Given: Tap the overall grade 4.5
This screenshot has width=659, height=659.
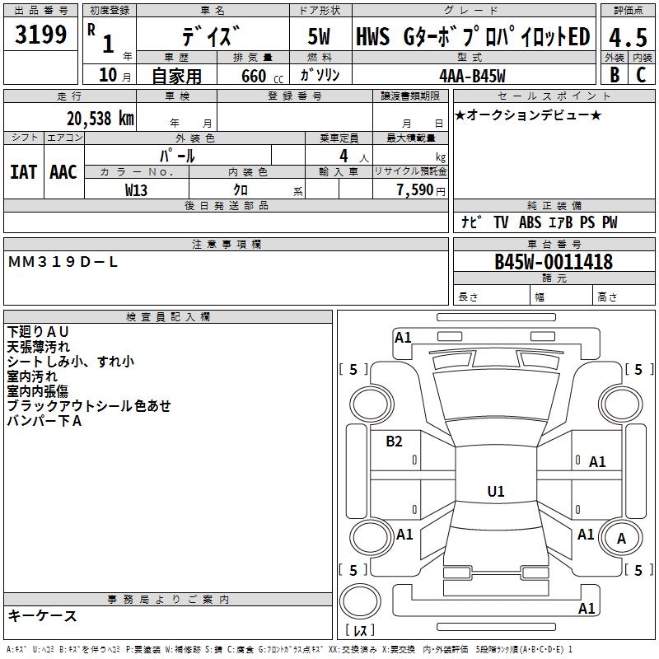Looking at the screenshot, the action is pos(627,37).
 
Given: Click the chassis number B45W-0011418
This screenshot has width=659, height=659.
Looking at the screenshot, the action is pos(554,262).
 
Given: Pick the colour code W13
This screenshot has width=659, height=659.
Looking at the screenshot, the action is pos(137,189).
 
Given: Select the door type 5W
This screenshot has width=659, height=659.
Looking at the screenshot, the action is pos(319,37).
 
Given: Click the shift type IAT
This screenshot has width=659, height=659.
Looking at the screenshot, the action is pos(23,171).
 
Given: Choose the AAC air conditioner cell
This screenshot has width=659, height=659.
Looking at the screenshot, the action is pos(63,171).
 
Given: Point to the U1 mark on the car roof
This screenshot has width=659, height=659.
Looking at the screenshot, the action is pos(495,492).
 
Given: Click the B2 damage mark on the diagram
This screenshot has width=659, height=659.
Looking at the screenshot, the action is pos(395,442).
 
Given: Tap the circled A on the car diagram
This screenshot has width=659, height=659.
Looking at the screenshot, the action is pos(621,538).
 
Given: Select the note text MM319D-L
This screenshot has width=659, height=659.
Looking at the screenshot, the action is pos(63,261).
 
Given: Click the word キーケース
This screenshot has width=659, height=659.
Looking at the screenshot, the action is pos(42,615).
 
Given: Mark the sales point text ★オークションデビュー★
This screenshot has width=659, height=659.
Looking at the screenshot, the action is pos(527,115).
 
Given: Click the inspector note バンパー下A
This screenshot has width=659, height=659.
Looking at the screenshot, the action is pos(44,421).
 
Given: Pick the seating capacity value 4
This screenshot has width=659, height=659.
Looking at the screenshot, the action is pos(343,155).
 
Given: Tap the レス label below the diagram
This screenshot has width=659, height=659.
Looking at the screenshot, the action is pos(360,631).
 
